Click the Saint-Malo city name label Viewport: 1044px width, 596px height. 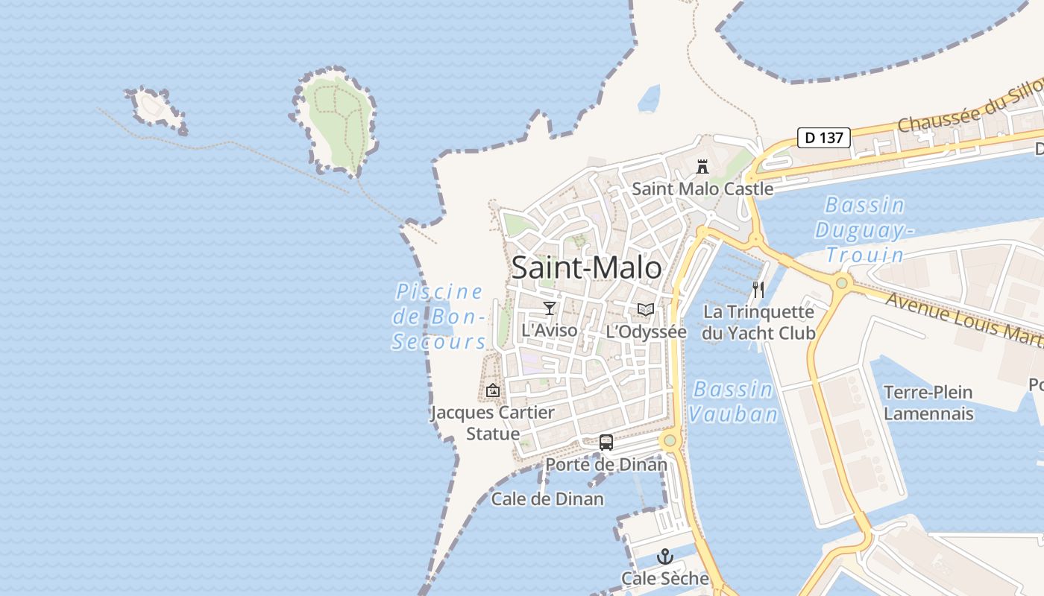(586, 268)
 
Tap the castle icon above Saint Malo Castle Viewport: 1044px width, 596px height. (702, 166)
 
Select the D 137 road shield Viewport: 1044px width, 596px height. (823, 138)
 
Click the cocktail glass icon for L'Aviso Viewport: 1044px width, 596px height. (550, 308)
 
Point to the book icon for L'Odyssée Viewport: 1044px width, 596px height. (646, 309)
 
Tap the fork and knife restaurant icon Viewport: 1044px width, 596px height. (758, 290)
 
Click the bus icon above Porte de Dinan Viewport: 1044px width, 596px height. (606, 443)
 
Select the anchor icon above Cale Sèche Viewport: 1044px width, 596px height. (664, 557)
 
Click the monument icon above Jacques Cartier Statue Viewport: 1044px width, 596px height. (493, 390)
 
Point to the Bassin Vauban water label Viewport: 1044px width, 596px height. (732, 402)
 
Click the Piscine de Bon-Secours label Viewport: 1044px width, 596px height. (439, 317)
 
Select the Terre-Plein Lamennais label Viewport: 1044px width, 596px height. (928, 402)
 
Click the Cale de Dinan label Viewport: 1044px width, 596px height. (547, 499)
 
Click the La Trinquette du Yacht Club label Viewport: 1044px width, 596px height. (758, 322)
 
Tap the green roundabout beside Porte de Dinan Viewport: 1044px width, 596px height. (670, 440)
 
